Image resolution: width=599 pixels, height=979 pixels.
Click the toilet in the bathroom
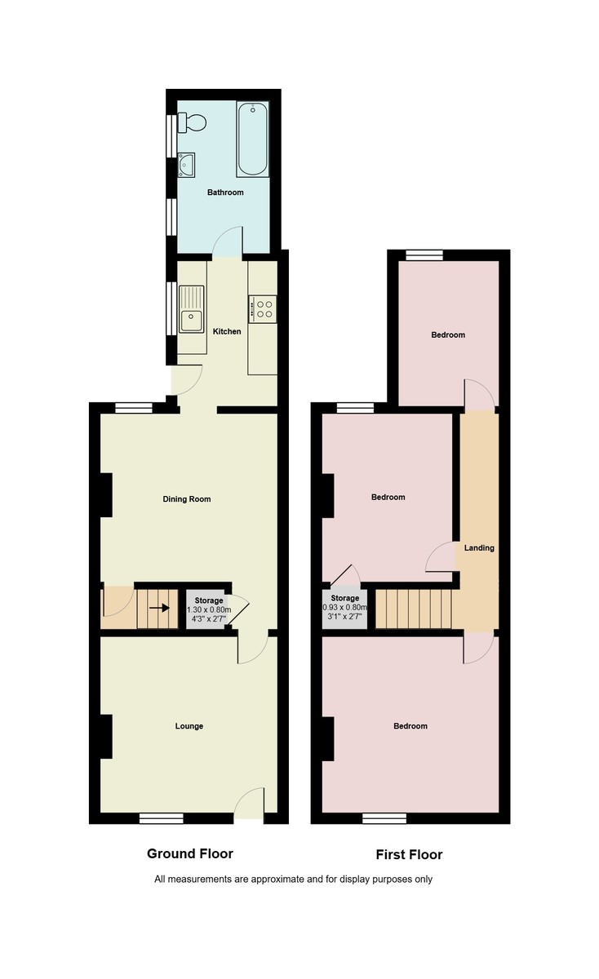[193, 123]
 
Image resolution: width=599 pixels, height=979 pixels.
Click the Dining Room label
[187, 498]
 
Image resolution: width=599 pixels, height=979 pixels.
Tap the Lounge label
[189, 726]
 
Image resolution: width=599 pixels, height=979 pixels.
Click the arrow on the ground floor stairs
[159, 608]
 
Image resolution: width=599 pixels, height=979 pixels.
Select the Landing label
[479, 547]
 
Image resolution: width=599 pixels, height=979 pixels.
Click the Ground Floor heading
[189, 853]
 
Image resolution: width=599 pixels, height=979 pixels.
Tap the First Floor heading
[409, 855]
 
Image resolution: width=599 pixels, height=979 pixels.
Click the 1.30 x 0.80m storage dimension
[209, 609]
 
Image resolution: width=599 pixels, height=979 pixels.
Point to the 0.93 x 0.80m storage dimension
[345, 608]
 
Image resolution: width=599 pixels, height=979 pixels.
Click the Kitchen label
[227, 331]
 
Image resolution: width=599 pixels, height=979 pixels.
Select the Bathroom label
[225, 193]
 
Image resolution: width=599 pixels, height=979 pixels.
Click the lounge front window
[161, 817]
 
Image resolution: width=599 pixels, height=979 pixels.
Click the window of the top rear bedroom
[424, 255]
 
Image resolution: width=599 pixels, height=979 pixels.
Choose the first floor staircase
[414, 609]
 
